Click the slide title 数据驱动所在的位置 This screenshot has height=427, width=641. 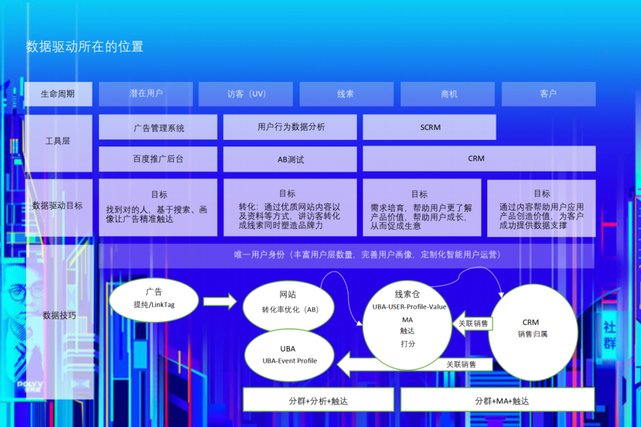coord(85,47)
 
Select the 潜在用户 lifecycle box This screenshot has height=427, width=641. coord(146,94)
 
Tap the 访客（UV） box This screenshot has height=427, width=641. coord(246,94)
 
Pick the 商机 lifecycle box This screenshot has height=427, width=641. coord(448,94)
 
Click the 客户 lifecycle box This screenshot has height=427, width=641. coord(548,94)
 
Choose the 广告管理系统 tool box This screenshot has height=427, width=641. coord(158,127)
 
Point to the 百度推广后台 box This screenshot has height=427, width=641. coord(158,159)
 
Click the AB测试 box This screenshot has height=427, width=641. coord(290,159)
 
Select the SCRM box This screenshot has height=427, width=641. coord(429,127)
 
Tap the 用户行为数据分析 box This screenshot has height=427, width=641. coord(290,127)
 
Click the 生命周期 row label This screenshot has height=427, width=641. coord(58,94)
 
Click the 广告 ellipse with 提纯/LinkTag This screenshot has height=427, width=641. coord(154,300)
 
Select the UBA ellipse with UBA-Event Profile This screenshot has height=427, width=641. coord(289,355)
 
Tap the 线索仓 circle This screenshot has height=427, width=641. coord(407,325)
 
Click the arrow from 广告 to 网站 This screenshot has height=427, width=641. coord(220,301)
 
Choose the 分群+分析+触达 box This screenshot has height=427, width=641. coord(319,400)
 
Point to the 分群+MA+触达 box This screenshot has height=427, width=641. coord(497,400)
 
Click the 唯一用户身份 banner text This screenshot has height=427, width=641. coord(367,255)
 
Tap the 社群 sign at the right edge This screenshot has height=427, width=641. coord(610,334)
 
